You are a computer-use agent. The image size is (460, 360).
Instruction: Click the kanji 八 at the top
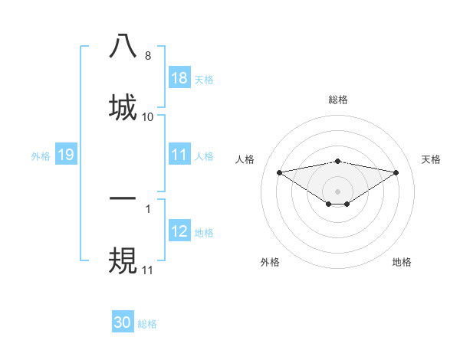(123, 47)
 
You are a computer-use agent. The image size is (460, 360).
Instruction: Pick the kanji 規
(123, 259)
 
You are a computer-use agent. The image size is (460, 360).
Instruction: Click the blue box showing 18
(179, 77)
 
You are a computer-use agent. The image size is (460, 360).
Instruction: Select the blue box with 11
(179, 155)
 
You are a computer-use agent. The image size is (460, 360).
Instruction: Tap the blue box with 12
(179, 231)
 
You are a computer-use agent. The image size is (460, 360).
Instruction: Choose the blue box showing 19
(66, 155)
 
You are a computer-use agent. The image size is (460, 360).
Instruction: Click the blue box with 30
(123, 322)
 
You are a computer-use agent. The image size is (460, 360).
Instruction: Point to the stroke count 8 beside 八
(148, 56)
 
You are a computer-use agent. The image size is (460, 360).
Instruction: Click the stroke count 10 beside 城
(148, 116)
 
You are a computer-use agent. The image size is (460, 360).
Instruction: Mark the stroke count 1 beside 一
(148, 208)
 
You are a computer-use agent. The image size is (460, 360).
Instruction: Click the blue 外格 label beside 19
(41, 155)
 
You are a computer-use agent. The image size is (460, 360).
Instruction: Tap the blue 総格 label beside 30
(147, 323)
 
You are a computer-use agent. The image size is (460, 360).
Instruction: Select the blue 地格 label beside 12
(204, 231)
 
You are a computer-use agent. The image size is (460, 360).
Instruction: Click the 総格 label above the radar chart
(338, 100)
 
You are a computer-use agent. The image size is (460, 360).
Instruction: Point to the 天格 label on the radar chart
(432, 159)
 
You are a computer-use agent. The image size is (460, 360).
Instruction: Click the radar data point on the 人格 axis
(280, 172)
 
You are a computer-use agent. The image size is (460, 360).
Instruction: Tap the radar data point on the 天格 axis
(396, 172)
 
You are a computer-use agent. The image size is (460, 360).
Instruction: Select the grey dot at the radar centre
(338, 191)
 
